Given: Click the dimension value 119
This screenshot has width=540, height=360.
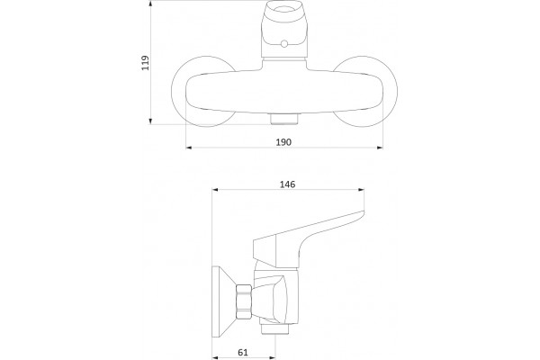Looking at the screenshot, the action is tap(146, 63).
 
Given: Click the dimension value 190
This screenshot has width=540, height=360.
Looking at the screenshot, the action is tap(283, 142).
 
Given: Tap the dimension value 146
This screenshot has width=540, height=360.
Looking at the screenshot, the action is tap(287, 184).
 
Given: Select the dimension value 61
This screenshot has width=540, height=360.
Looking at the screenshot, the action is tap(243, 352).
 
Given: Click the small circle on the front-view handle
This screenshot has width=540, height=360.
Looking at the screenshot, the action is tap(284, 44).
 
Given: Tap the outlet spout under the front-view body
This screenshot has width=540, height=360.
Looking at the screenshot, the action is tap(284, 119).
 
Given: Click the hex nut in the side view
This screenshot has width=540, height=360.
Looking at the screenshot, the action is tap(244, 303).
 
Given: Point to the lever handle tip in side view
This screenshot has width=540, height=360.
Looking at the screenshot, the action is tap(363, 212).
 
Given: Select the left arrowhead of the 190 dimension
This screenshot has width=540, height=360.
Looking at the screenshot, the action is tap(189, 148).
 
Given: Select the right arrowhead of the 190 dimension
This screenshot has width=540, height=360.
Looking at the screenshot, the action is tap(380, 148).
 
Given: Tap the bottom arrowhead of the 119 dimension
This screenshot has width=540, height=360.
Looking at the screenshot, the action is tap(150, 121).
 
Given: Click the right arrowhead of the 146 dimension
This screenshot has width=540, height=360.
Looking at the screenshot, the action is tap(361, 189).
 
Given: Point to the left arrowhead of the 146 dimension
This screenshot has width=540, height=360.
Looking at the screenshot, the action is tap(215, 189).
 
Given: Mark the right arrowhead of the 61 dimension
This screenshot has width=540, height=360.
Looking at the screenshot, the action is tap(272, 357).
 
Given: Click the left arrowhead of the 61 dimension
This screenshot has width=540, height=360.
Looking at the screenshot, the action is tap(215, 357).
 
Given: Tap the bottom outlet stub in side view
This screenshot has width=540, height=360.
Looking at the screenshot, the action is tap(274, 329).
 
